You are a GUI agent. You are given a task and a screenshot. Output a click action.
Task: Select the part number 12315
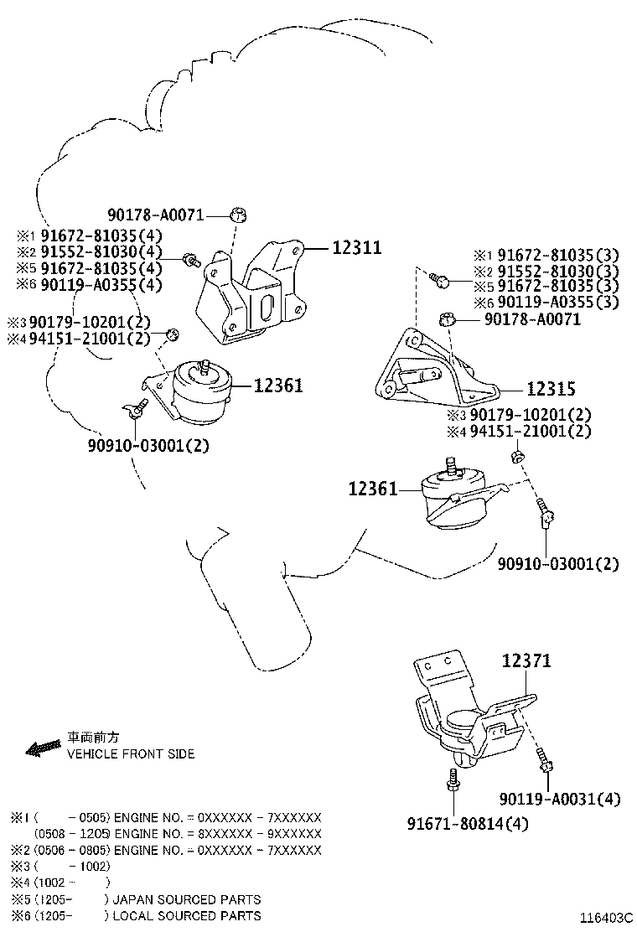(551, 389)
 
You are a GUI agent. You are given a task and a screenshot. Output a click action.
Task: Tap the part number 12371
(526, 661)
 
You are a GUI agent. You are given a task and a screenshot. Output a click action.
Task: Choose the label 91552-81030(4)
(101, 251)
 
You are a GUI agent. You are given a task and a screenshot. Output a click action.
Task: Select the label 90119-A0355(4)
(101, 285)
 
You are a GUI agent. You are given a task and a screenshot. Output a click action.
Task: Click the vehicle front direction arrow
(43, 746)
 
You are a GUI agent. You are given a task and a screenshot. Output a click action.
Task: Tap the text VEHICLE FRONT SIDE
(131, 753)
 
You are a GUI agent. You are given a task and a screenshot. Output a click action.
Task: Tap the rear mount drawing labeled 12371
(469, 712)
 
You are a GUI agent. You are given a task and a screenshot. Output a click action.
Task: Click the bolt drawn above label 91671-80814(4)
(453, 784)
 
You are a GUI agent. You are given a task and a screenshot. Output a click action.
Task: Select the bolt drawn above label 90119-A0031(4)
(546, 761)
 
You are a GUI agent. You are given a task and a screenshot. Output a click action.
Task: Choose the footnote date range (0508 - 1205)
(72, 834)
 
